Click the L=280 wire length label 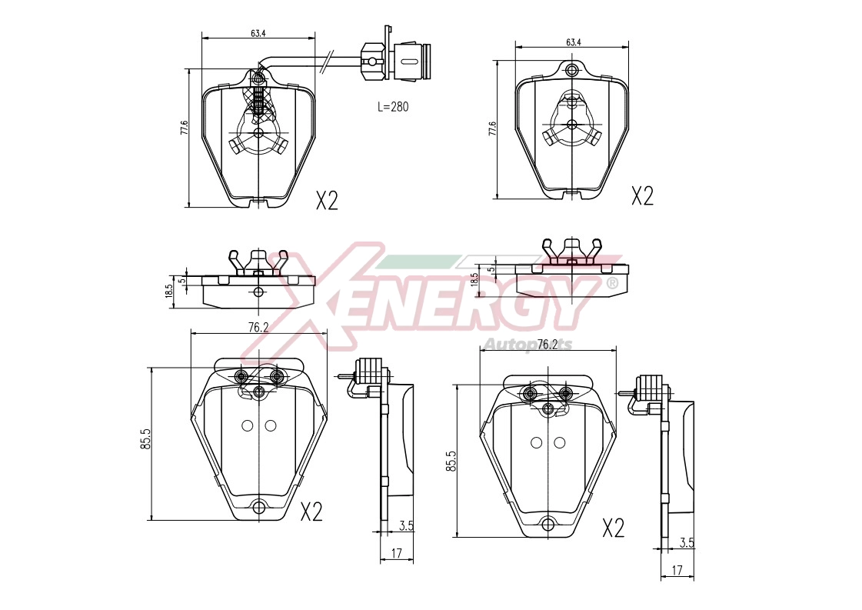[x=393, y=107]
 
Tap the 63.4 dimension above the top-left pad [x=258, y=33]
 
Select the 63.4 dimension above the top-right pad [x=573, y=42]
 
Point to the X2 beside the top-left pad [x=327, y=201]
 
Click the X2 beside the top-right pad [x=642, y=196]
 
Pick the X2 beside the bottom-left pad [x=311, y=512]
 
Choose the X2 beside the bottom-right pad [x=614, y=528]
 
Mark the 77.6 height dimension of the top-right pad [x=492, y=128]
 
